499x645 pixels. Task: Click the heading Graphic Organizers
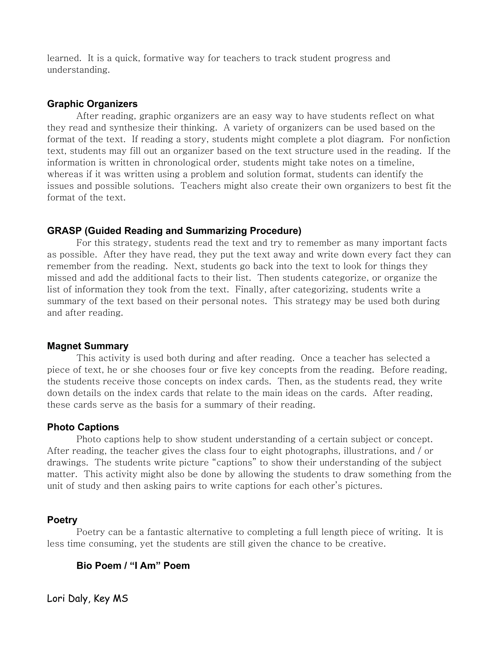(x=92, y=104)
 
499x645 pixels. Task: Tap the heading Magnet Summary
(x=88, y=346)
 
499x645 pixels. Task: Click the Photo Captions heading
(x=83, y=427)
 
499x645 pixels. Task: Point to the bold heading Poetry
(x=62, y=520)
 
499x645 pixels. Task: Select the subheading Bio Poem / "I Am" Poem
(x=133, y=566)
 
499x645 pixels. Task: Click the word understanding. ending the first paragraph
(x=78, y=70)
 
